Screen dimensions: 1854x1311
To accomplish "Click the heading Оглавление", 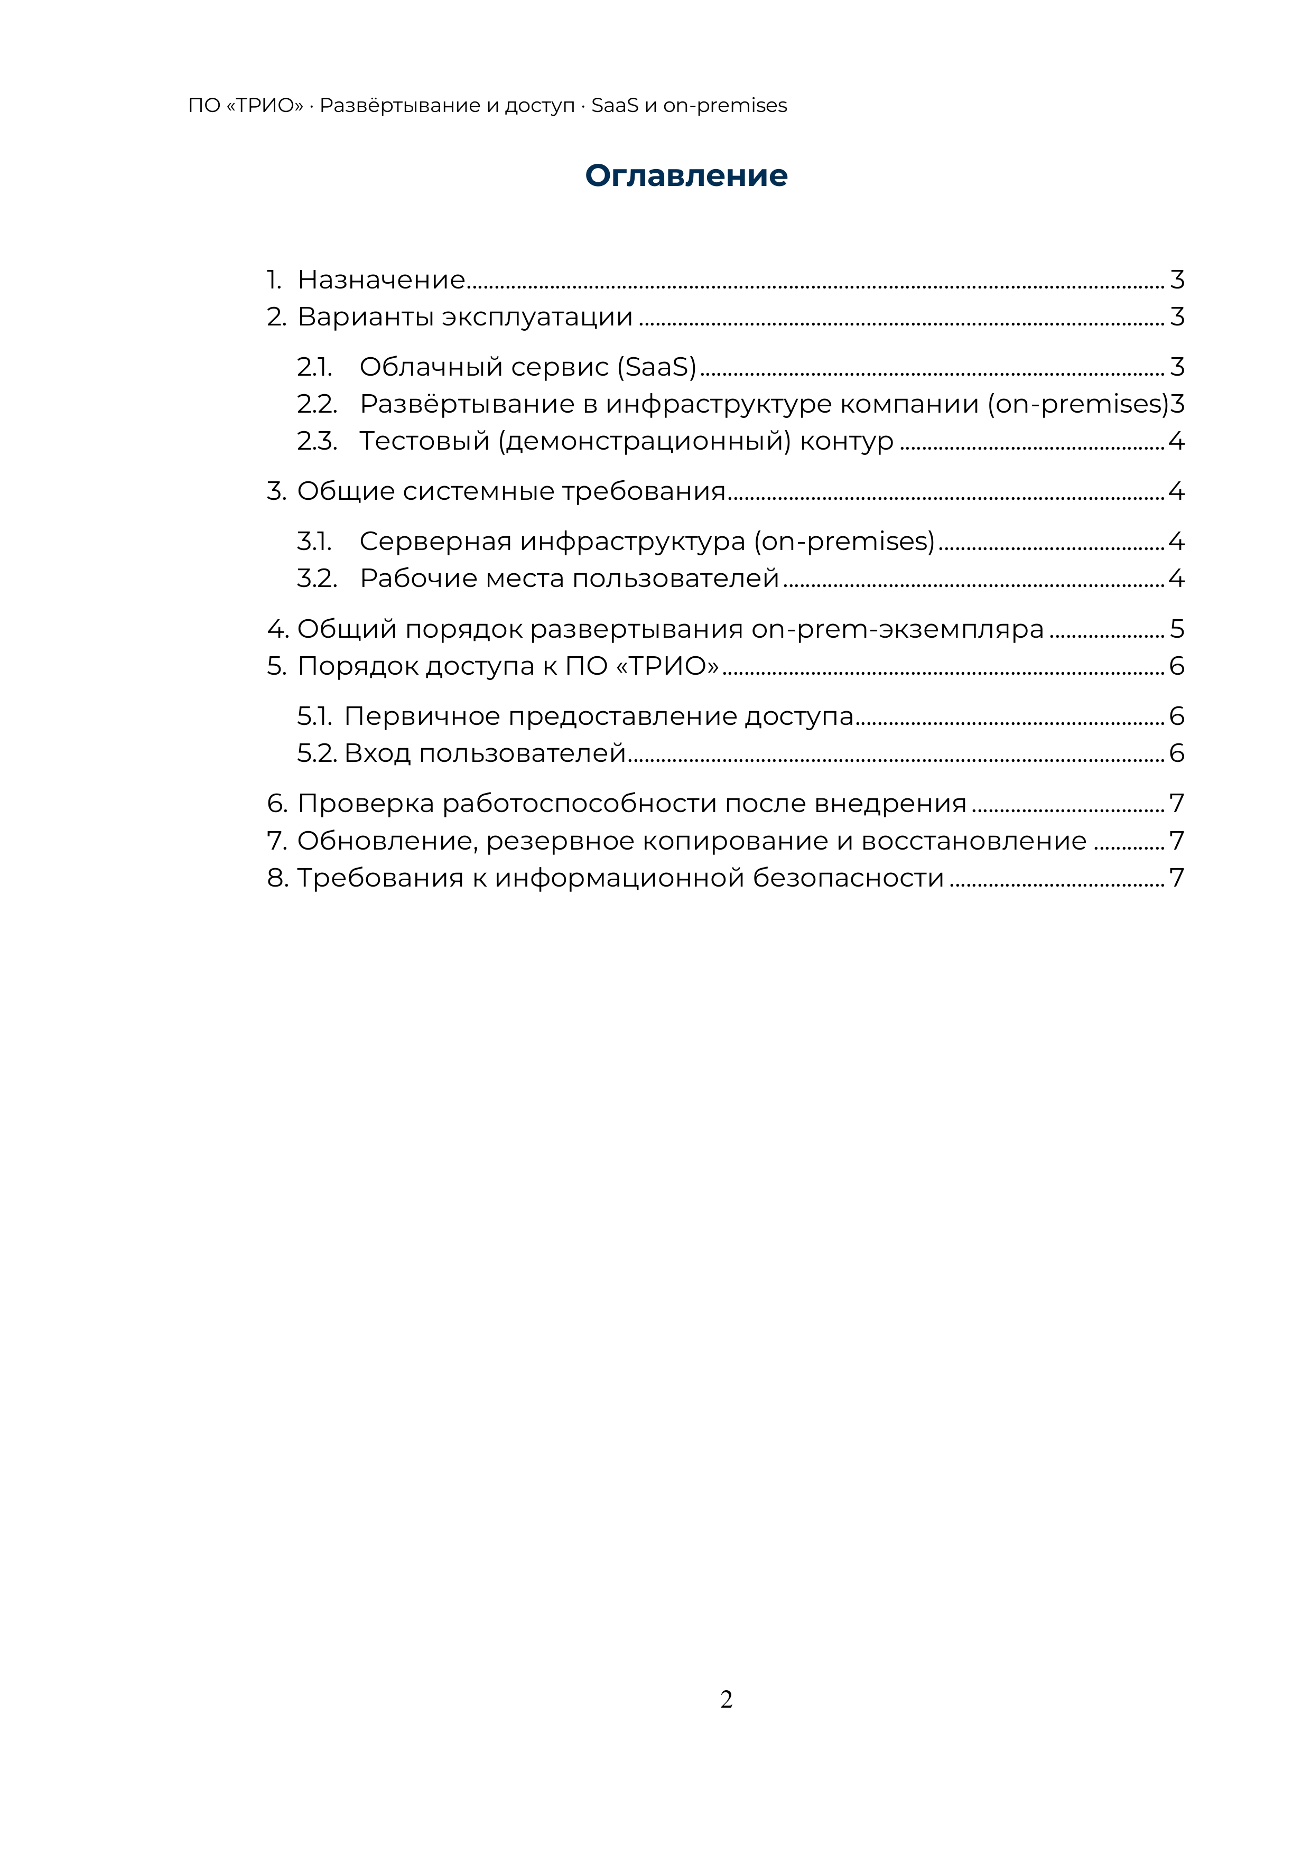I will (686, 176).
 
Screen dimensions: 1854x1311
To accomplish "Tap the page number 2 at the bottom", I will (726, 1699).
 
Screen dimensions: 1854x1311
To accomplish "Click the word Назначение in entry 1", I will (382, 280).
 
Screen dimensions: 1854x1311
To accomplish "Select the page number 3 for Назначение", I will (1177, 280).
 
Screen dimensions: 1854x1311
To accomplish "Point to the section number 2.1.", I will (314, 367).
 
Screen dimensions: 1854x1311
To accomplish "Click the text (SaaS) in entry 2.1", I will (657, 367).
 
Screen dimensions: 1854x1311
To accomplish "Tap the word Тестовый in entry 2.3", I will (424, 441).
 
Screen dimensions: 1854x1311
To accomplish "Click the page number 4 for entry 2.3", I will (1176, 441).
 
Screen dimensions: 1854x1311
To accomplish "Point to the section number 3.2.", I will (317, 578).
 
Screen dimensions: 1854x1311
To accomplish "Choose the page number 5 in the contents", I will (1177, 628).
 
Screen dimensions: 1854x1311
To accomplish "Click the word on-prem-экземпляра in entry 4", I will (897, 628).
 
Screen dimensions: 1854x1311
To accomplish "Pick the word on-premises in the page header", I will (724, 106).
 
